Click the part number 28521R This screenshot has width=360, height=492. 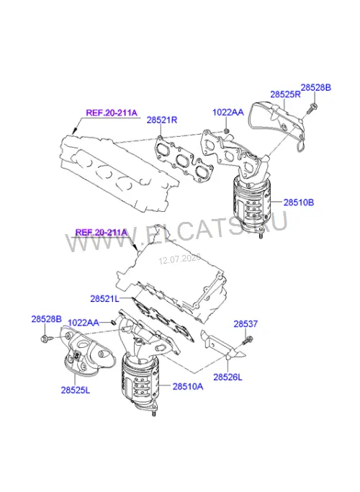click(x=162, y=120)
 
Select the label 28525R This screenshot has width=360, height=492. click(x=285, y=94)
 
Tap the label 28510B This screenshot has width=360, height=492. click(x=299, y=202)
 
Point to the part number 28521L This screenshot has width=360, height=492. click(x=104, y=298)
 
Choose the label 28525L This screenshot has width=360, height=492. click(x=76, y=390)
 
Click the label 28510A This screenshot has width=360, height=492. click(x=188, y=386)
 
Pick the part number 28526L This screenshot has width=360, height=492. click(x=228, y=377)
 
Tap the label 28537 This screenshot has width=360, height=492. click(x=246, y=324)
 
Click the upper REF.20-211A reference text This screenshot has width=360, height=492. click(x=112, y=112)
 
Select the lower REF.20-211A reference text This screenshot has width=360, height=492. click(x=102, y=233)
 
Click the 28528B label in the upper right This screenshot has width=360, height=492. click(x=316, y=88)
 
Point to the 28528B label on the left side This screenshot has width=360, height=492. click(x=46, y=319)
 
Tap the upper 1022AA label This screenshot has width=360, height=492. click(x=228, y=112)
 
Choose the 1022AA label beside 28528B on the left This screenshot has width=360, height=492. click(x=84, y=323)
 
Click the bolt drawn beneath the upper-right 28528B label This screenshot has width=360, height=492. click(x=311, y=108)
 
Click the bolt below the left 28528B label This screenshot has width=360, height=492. click(x=45, y=339)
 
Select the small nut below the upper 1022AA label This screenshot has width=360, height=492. click(x=227, y=130)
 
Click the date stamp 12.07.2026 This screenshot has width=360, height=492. click(x=179, y=259)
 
